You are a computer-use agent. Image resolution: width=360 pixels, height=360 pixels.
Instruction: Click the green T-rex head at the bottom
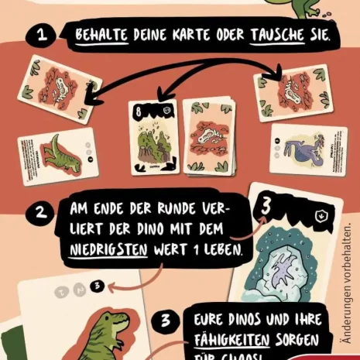point(104,329)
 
